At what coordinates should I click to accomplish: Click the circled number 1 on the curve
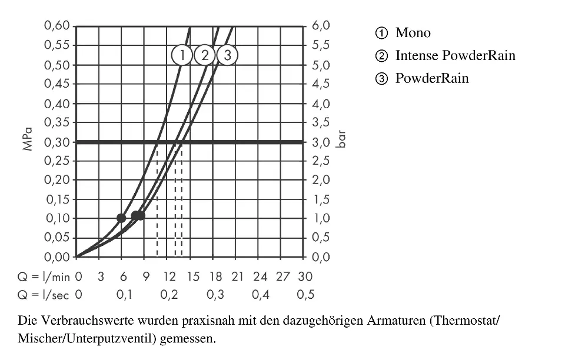pyautogui.click(x=182, y=56)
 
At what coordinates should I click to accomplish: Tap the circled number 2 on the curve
pyautogui.click(x=205, y=56)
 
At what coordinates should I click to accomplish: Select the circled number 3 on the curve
pyautogui.click(x=228, y=56)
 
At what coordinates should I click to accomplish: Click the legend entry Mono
pyautogui.click(x=413, y=33)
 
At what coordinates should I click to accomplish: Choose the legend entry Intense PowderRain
pyautogui.click(x=455, y=56)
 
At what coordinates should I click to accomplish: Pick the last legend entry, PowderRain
pyautogui.click(x=431, y=78)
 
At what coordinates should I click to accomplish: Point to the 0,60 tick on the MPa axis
pyautogui.click(x=57, y=26)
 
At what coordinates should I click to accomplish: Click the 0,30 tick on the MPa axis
pyautogui.click(x=57, y=142)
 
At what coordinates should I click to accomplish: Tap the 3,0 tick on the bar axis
pyautogui.click(x=321, y=142)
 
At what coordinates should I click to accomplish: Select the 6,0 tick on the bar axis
pyautogui.click(x=321, y=26)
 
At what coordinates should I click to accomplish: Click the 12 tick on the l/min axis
pyautogui.click(x=169, y=276)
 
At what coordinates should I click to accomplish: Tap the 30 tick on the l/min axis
pyautogui.click(x=305, y=276)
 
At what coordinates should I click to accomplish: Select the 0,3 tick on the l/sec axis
pyautogui.click(x=215, y=295)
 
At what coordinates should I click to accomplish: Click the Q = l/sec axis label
pyautogui.click(x=43, y=295)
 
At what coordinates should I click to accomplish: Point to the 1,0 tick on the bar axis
pyautogui.click(x=321, y=219)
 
